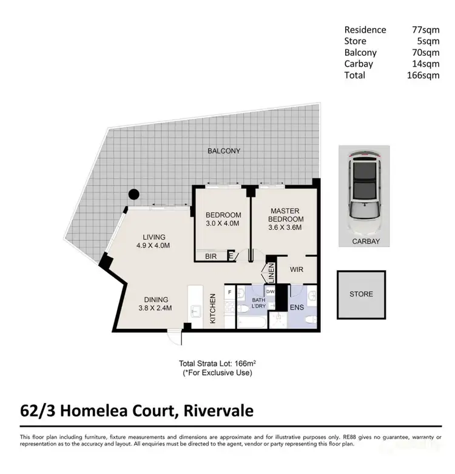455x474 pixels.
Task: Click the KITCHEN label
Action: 214,308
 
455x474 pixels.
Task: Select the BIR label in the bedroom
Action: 211,257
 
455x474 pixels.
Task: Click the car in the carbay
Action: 364,188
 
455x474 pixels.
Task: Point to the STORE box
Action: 361,294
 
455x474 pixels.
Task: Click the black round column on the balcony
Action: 133,195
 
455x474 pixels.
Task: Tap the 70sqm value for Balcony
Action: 425,52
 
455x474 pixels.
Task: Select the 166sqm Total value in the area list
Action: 422,75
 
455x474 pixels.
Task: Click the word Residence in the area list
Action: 365,29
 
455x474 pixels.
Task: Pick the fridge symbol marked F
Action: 230,292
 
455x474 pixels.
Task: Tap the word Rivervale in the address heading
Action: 215,411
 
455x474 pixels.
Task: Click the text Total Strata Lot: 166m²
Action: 217,362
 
